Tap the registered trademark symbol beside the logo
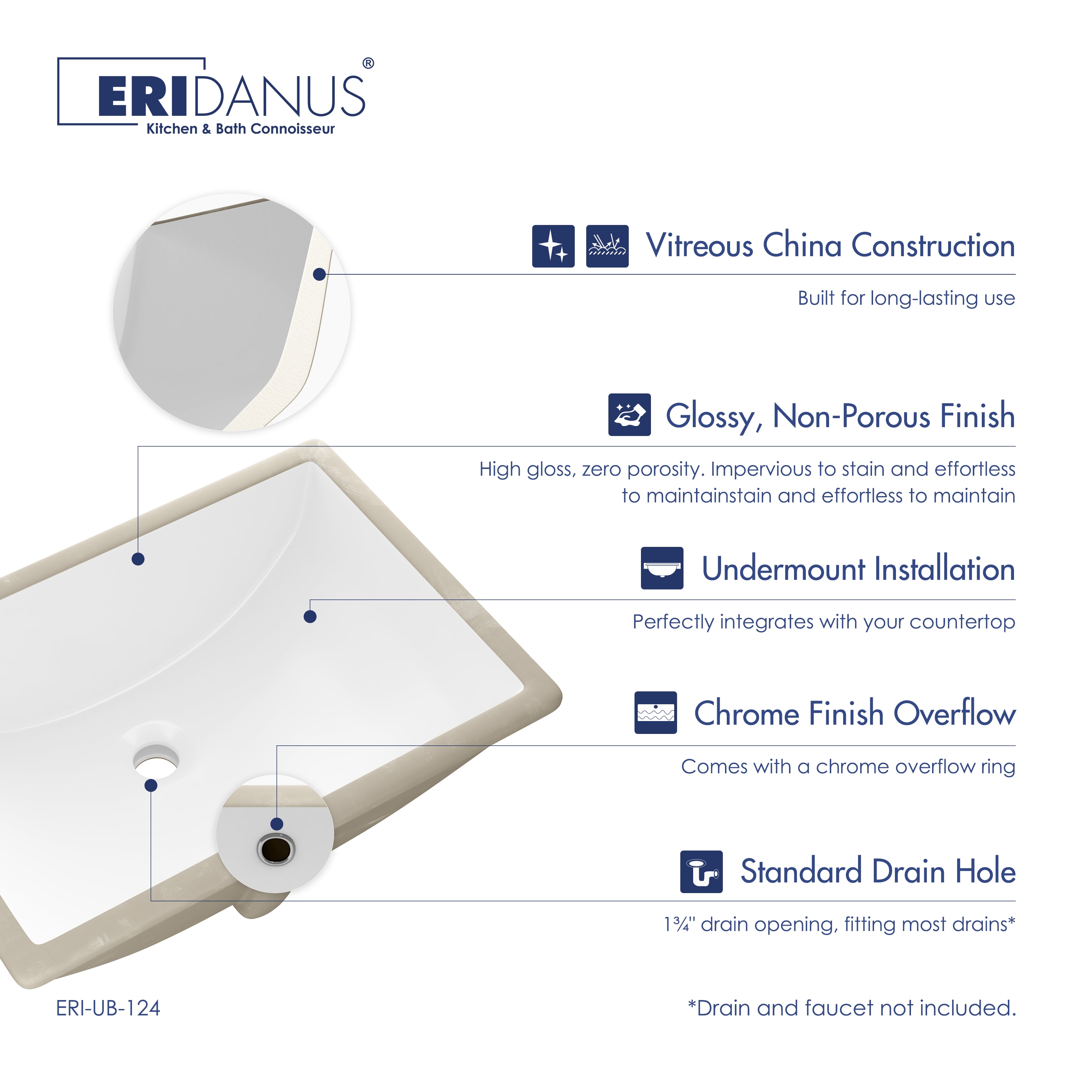coord(368,63)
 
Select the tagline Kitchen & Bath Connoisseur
coord(240,129)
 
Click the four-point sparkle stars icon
coord(553,246)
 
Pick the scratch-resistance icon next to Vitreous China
coord(607,246)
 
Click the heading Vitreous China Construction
coord(830,245)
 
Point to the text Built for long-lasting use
coord(906,298)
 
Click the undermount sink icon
coord(662,568)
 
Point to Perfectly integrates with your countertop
coord(824,622)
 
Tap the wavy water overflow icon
coord(656,712)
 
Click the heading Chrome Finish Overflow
coord(855,713)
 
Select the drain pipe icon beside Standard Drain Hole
coord(701,871)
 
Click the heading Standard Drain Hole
coord(878,871)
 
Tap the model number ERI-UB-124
coord(108,1008)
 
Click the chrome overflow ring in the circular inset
coord(276,849)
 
